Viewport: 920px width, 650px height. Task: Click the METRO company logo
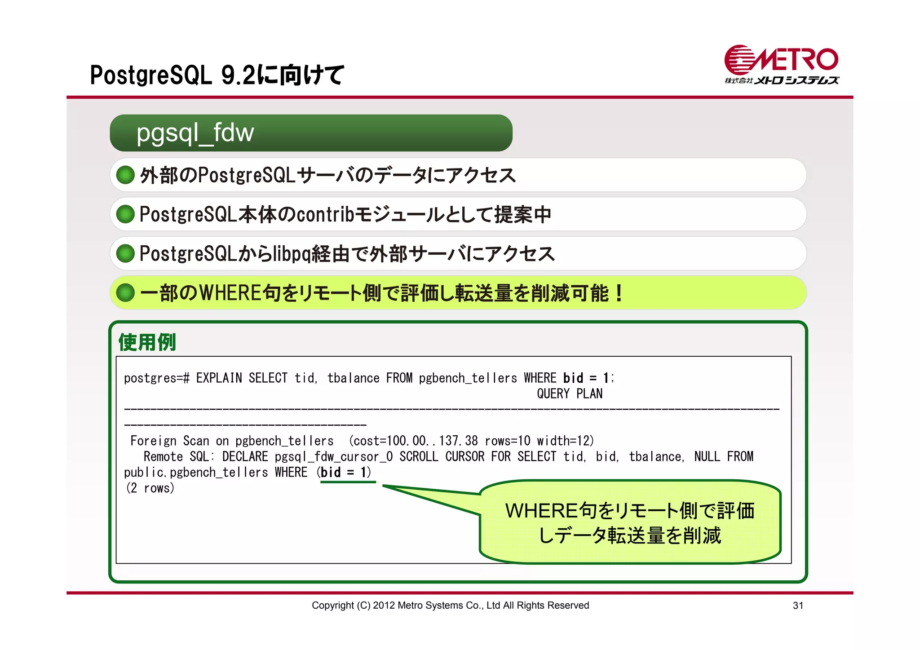pyautogui.click(x=781, y=65)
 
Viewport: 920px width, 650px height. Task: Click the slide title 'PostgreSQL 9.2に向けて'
pyautogui.click(x=217, y=75)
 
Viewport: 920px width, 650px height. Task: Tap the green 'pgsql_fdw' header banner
pyautogui.click(x=311, y=133)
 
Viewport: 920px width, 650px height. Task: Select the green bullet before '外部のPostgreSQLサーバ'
pyautogui.click(x=125, y=175)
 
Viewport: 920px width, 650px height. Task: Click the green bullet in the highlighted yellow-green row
pyautogui.click(x=125, y=293)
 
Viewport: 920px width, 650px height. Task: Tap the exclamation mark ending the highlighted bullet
pyautogui.click(x=619, y=293)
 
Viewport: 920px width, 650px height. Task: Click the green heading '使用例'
pyautogui.click(x=147, y=342)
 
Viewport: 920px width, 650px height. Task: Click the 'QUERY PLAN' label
pyautogui.click(x=570, y=394)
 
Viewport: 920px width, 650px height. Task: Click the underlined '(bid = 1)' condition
pyautogui.click(x=345, y=473)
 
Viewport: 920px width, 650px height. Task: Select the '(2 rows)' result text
pyautogui.click(x=150, y=488)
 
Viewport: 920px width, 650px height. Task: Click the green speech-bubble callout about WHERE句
pyautogui.click(x=630, y=522)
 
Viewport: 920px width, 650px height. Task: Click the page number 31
pyautogui.click(x=798, y=606)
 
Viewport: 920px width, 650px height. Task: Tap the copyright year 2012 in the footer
pyautogui.click(x=383, y=606)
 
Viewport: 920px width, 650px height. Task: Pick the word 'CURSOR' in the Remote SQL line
pyautogui.click(x=464, y=457)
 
